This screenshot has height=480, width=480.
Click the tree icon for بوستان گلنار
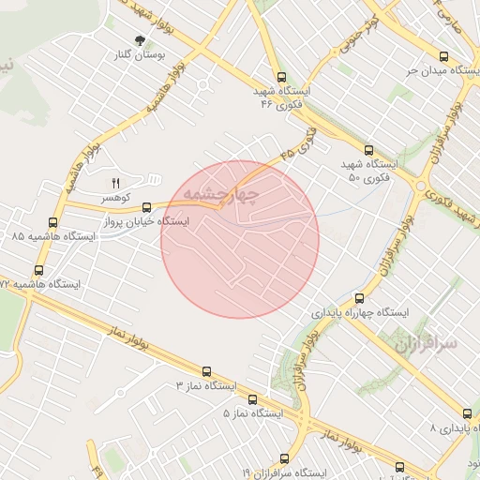coord(141,40)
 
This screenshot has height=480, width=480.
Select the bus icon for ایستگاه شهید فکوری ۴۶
coord(281,78)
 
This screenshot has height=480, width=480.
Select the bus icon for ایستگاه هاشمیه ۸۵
coord(52,223)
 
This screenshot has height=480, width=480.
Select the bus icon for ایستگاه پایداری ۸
coord(467,413)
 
